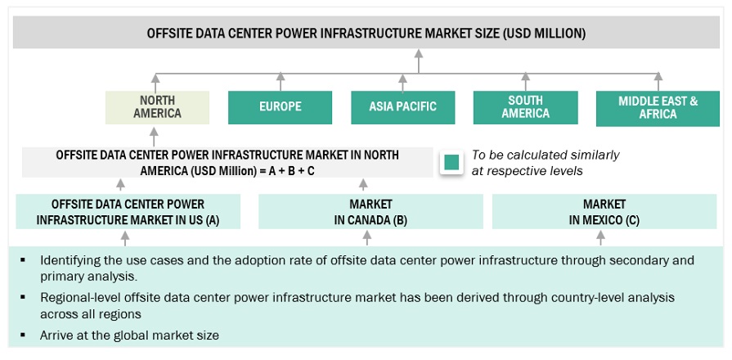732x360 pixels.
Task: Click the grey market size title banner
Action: pos(366,34)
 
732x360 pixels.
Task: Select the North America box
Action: pos(157,106)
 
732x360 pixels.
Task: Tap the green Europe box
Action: pos(280,106)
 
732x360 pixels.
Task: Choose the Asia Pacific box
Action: pos(402,106)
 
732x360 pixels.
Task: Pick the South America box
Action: pos(525,106)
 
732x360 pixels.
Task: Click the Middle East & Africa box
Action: pos(658,107)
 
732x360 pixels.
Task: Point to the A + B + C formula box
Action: pos(227,162)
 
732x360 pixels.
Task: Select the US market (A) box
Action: pos(128,211)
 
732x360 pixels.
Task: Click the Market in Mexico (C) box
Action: pos(604,211)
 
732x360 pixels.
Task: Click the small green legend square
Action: pos(451,162)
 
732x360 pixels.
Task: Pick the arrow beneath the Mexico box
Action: pos(601,237)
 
